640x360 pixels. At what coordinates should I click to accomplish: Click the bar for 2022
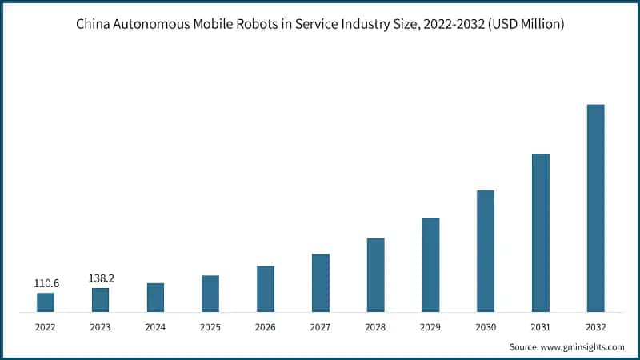point(46,302)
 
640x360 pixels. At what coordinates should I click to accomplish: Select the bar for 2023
point(101,300)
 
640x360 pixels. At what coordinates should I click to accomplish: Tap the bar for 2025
point(210,294)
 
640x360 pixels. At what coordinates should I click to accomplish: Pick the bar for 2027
point(321,283)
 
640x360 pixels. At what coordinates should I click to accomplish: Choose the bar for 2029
point(430,265)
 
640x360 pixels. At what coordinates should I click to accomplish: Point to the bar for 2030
point(486,251)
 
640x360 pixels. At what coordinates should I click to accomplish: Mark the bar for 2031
point(541,233)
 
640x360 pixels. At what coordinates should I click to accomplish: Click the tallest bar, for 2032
point(595,208)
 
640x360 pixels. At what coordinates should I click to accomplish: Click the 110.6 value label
point(46,283)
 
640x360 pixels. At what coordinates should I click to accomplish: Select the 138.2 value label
point(101,278)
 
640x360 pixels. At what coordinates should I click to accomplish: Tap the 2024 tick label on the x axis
point(156,326)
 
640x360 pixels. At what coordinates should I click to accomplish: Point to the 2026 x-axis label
point(266,326)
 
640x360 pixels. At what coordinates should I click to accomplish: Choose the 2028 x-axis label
point(375,326)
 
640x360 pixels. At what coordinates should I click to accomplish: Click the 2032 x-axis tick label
point(595,326)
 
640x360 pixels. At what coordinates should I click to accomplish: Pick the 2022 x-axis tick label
point(46,326)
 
